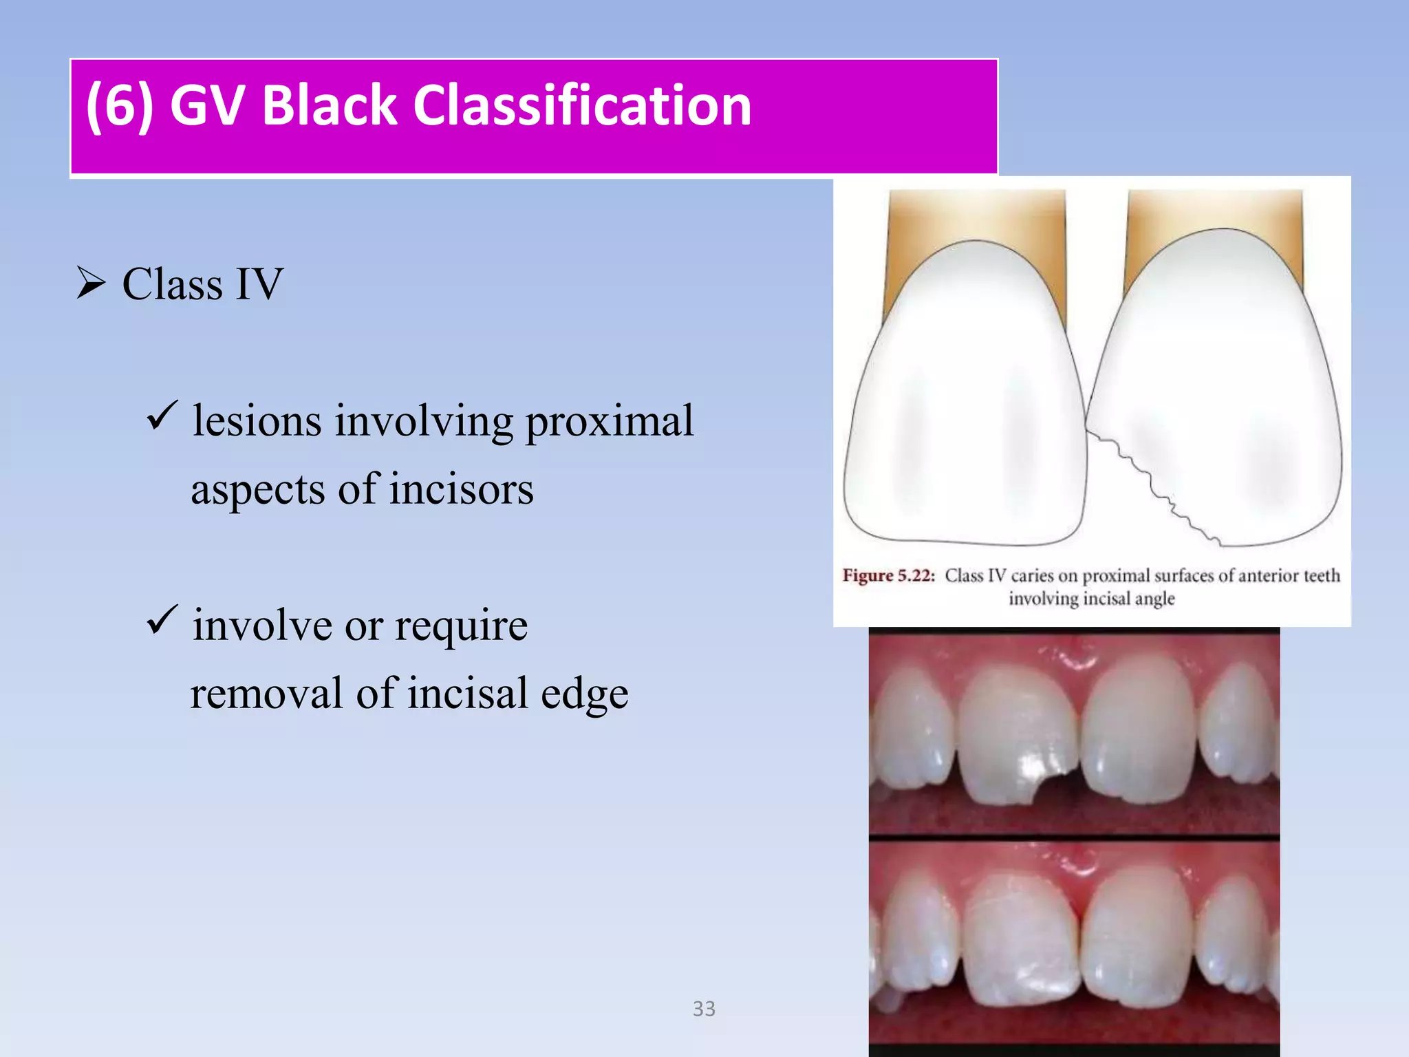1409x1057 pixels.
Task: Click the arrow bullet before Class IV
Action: click(91, 283)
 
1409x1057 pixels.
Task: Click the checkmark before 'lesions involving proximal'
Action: click(162, 416)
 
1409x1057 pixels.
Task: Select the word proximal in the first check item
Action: click(610, 422)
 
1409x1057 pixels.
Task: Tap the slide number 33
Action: click(704, 1009)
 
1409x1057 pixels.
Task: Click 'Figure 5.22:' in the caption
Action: click(888, 575)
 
